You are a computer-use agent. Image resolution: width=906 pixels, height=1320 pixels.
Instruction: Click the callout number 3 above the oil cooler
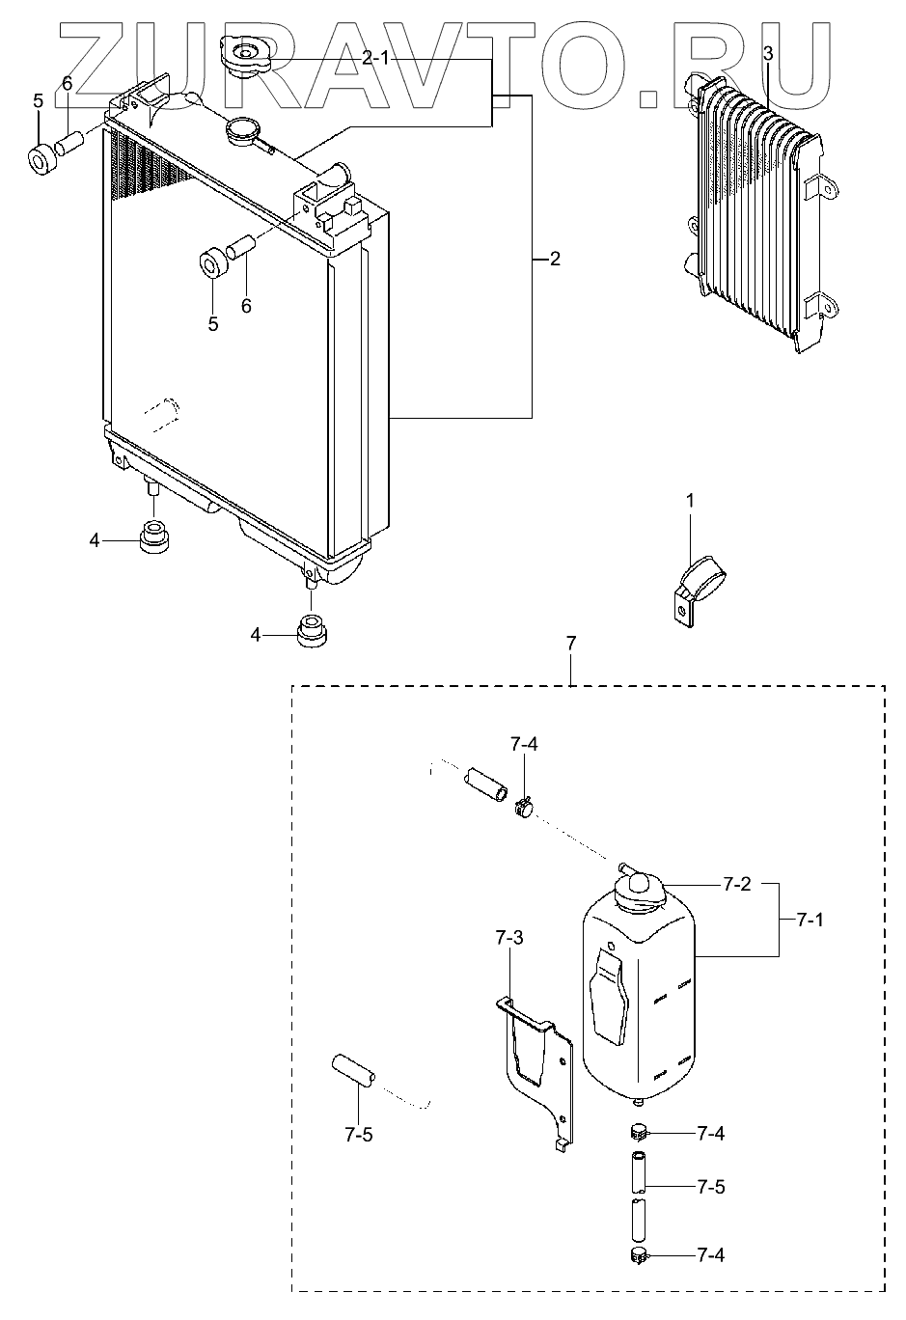coord(767,54)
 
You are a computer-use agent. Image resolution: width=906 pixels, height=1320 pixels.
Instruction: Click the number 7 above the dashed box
coord(571,643)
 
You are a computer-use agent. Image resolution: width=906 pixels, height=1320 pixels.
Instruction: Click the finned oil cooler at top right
coord(758,212)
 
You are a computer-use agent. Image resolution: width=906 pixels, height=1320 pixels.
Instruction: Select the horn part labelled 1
coord(700,583)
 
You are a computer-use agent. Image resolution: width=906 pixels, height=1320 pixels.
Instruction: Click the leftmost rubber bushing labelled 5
coord(41,159)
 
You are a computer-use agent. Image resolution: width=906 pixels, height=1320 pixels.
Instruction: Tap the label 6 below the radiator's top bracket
coord(246,306)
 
